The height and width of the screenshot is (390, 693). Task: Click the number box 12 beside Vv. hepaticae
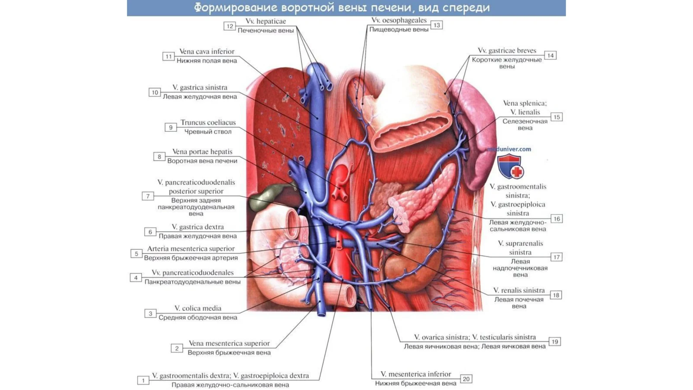(230, 26)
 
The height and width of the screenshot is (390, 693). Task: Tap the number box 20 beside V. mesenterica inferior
(466, 379)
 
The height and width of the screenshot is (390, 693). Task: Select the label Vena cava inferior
(207, 52)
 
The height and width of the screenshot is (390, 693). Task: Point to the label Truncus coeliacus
(208, 123)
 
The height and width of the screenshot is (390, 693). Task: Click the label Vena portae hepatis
(202, 152)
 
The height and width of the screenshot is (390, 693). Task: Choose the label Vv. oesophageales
(399, 20)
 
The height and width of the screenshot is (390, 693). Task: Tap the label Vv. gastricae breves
(507, 50)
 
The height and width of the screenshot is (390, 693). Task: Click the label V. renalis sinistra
(519, 290)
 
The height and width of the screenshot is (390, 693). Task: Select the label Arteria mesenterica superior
(191, 249)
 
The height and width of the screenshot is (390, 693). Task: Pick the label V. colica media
(198, 308)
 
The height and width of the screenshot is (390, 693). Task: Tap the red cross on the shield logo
(517, 172)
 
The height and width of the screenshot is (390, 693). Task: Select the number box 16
(557, 219)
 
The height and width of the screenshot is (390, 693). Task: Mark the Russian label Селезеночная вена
(525, 124)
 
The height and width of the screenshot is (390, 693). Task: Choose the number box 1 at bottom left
(143, 380)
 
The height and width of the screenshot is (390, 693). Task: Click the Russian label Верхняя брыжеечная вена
(229, 353)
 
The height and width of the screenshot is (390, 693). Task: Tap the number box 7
(148, 196)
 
